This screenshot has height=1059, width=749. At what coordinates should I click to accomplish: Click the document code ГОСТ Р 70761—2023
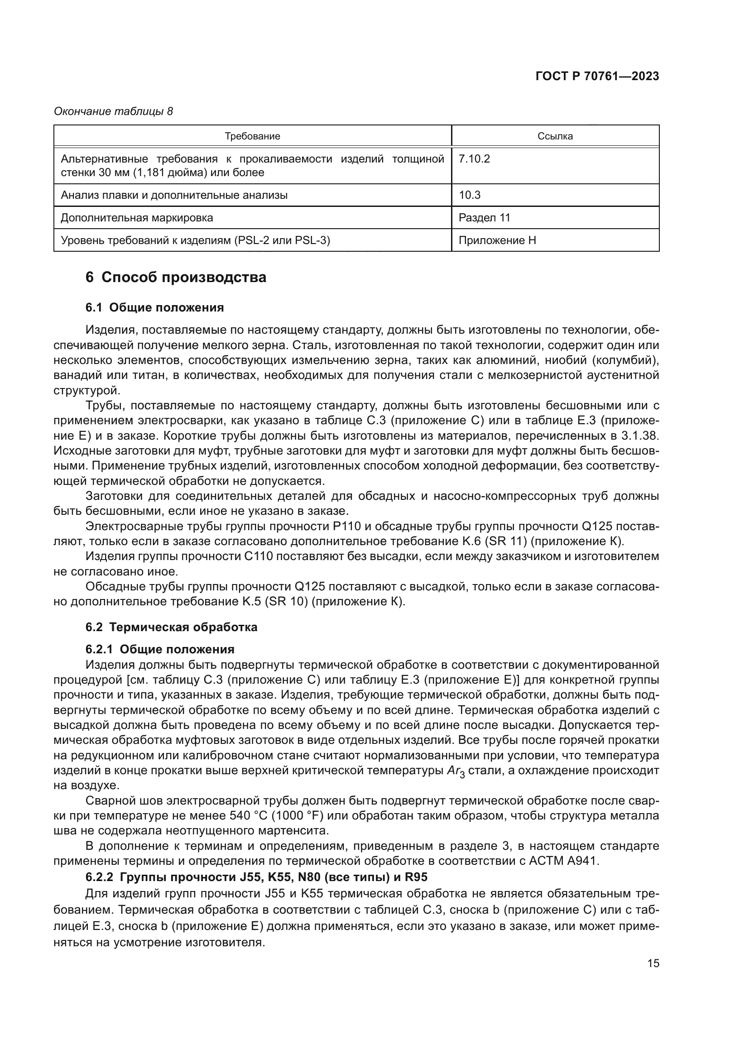(597, 77)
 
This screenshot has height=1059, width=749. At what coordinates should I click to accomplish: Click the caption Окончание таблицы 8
(114, 111)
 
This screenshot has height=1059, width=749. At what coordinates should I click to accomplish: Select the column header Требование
(252, 136)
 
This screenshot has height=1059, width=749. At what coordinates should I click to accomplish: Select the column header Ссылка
(555, 136)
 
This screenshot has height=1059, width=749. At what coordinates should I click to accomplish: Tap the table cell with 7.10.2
(474, 159)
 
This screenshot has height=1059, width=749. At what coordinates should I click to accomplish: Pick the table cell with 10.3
(470, 195)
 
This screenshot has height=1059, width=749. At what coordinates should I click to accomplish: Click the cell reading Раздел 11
(484, 218)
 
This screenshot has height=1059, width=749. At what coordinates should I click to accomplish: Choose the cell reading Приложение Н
(497, 240)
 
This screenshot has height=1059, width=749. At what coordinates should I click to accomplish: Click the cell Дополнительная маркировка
(137, 218)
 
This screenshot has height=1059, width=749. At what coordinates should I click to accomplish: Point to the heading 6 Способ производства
(176, 278)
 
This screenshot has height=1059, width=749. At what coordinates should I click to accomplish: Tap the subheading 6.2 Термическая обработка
(171, 627)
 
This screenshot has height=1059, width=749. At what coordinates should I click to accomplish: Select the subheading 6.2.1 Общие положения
(159, 649)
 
